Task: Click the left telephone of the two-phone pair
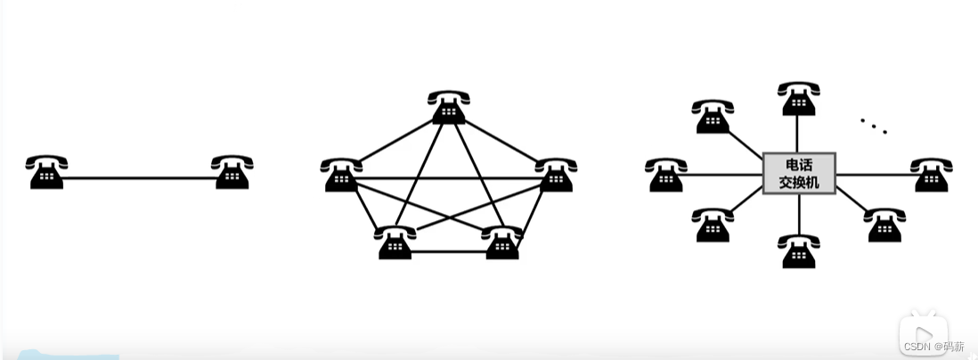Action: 46,172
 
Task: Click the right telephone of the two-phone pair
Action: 232,172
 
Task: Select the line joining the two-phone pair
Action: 139,179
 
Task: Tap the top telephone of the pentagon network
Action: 448,108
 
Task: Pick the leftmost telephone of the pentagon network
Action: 341,175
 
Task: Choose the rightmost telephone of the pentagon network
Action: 556,175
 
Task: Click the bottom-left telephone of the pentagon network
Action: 395,242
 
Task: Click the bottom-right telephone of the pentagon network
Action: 501,242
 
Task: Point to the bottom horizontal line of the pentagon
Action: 448,252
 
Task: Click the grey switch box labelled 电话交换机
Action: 799,173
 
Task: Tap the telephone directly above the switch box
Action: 799,98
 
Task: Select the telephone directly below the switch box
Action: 799,251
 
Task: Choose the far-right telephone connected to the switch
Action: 931,175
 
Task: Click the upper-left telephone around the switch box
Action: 713,117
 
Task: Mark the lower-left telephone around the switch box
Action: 713,225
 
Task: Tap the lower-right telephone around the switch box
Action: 884,225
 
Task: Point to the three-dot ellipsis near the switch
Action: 874,126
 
